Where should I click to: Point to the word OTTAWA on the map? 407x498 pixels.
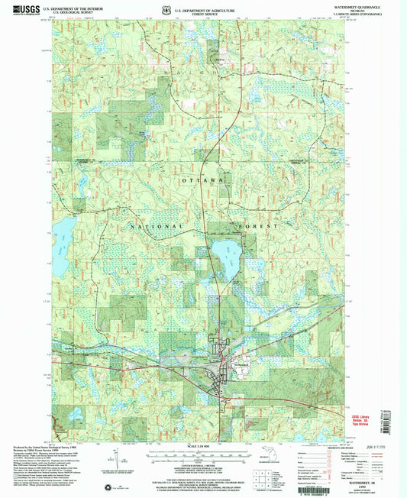(x=205, y=179)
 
